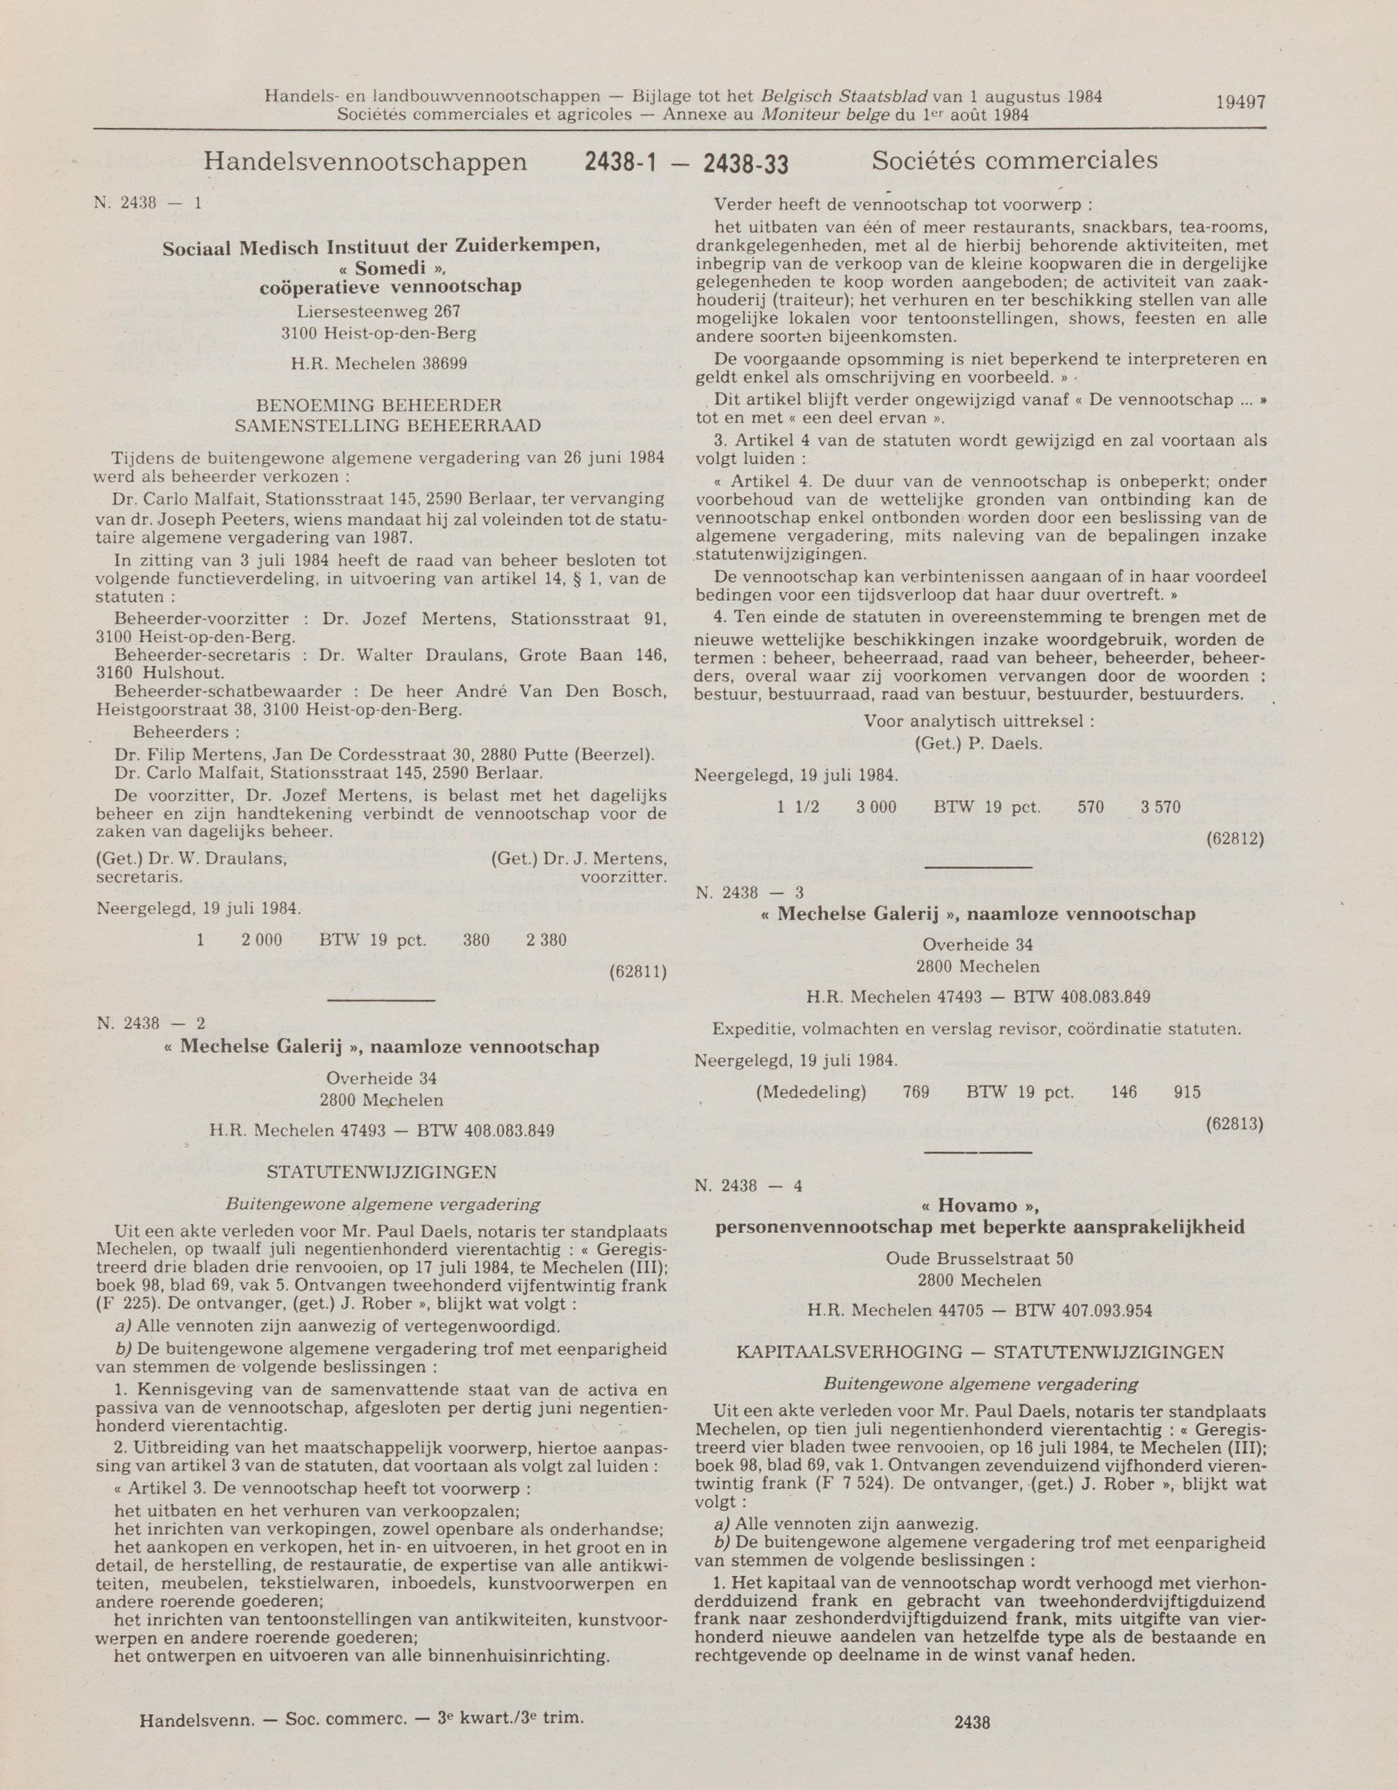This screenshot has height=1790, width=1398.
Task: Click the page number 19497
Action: (x=1241, y=103)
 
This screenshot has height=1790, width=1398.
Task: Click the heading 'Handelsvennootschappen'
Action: (x=365, y=161)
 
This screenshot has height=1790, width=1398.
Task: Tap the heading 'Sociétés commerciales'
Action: (x=1014, y=161)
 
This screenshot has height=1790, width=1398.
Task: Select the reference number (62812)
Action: (x=1235, y=839)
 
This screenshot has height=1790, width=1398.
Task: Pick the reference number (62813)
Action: (x=1235, y=1125)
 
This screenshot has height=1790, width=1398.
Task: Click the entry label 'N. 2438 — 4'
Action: (x=749, y=1186)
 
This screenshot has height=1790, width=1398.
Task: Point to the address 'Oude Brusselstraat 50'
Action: (x=979, y=1259)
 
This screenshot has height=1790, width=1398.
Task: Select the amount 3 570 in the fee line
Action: (x=1160, y=807)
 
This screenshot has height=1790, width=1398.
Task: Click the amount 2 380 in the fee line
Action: (x=546, y=940)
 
